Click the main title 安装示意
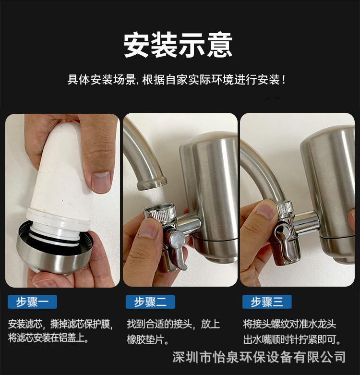pyautogui.click(x=178, y=45)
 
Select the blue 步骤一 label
pyautogui.click(x=33, y=302)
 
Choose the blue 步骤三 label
pyautogui.click(x=267, y=302)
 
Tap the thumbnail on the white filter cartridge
pyautogui.click(x=101, y=182)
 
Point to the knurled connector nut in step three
pyautogui.click(x=285, y=208)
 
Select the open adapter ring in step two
pyautogui.click(x=158, y=214)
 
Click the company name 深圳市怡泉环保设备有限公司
pyautogui.click(x=259, y=357)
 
